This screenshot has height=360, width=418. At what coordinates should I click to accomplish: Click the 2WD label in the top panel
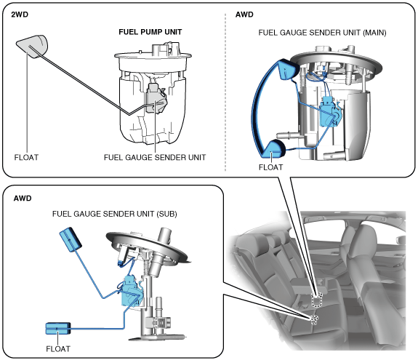[20, 15]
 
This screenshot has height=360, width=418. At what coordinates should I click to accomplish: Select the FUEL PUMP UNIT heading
[150, 32]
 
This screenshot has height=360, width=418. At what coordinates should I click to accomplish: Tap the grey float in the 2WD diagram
[32, 46]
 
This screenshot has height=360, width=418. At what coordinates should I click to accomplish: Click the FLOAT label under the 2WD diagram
[26, 157]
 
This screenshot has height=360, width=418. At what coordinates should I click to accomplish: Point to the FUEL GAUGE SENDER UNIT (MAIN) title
[322, 33]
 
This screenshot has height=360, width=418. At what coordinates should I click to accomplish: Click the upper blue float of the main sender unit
[288, 69]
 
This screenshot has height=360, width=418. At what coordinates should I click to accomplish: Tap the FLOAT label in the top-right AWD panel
[270, 167]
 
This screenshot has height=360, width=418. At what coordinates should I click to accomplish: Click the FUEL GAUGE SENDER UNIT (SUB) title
[115, 214]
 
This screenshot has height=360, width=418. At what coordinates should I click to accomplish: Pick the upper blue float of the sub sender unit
[70, 239]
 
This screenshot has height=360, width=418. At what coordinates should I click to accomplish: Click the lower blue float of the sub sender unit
[58, 328]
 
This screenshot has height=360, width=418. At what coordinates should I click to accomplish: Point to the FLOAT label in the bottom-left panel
[58, 349]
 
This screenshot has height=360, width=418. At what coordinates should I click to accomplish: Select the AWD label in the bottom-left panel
[23, 199]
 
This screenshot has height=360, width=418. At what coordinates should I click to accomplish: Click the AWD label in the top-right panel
[244, 15]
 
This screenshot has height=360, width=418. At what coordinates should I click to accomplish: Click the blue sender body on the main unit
[330, 112]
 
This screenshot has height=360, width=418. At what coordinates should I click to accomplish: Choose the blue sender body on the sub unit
[131, 291]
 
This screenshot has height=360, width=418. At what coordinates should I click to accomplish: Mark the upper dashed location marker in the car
[317, 300]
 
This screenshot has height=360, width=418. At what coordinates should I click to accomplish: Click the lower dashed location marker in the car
[315, 320]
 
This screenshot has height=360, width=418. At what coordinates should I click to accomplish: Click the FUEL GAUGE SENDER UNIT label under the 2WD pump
[155, 157]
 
